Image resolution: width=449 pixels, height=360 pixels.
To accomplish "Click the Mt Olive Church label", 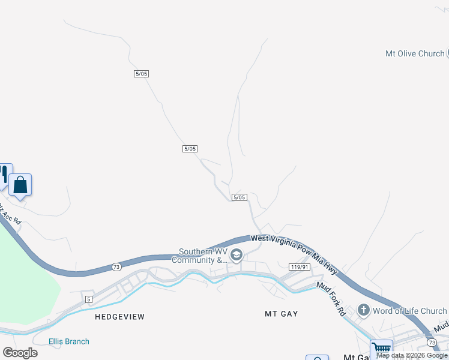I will coord(415,53).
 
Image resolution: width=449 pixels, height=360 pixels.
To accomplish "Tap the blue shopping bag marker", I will coord(20,185).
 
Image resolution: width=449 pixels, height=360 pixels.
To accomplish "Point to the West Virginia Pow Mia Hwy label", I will coord(294,254).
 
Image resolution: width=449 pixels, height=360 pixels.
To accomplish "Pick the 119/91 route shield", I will coord(298,267).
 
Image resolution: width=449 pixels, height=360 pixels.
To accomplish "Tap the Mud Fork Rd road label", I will coord(331,299).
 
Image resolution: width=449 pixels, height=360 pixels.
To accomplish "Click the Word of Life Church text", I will coord(409,311).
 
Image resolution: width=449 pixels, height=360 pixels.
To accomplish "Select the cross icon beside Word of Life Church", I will coord(363,310).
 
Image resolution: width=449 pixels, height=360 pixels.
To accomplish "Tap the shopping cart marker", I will coord(381,349).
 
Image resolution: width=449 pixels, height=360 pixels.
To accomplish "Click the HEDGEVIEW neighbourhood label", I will coord(119,316).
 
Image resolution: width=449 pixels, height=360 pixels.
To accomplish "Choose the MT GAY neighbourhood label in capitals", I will coord(282,314).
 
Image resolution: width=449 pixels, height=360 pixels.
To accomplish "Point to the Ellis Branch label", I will coord(69,341).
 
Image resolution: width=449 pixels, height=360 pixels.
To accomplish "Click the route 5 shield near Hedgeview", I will coord(88,299).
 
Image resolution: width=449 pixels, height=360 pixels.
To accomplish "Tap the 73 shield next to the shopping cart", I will coord(432,342).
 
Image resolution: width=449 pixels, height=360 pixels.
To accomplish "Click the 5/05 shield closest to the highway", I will coord(239,197).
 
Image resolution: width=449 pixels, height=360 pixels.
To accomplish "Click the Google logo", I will coord(20,353).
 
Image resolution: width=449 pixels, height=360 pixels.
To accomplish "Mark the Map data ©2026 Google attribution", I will coord(412,355).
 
